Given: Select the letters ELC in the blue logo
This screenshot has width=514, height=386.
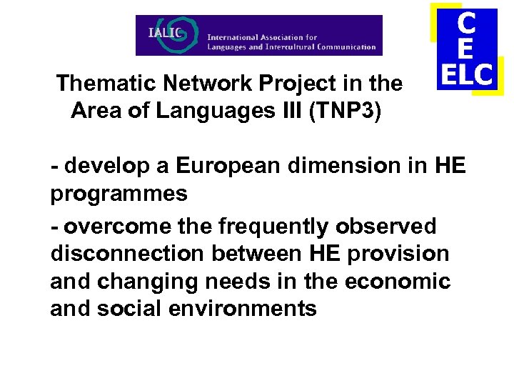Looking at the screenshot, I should pyautogui.click(x=467, y=74).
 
